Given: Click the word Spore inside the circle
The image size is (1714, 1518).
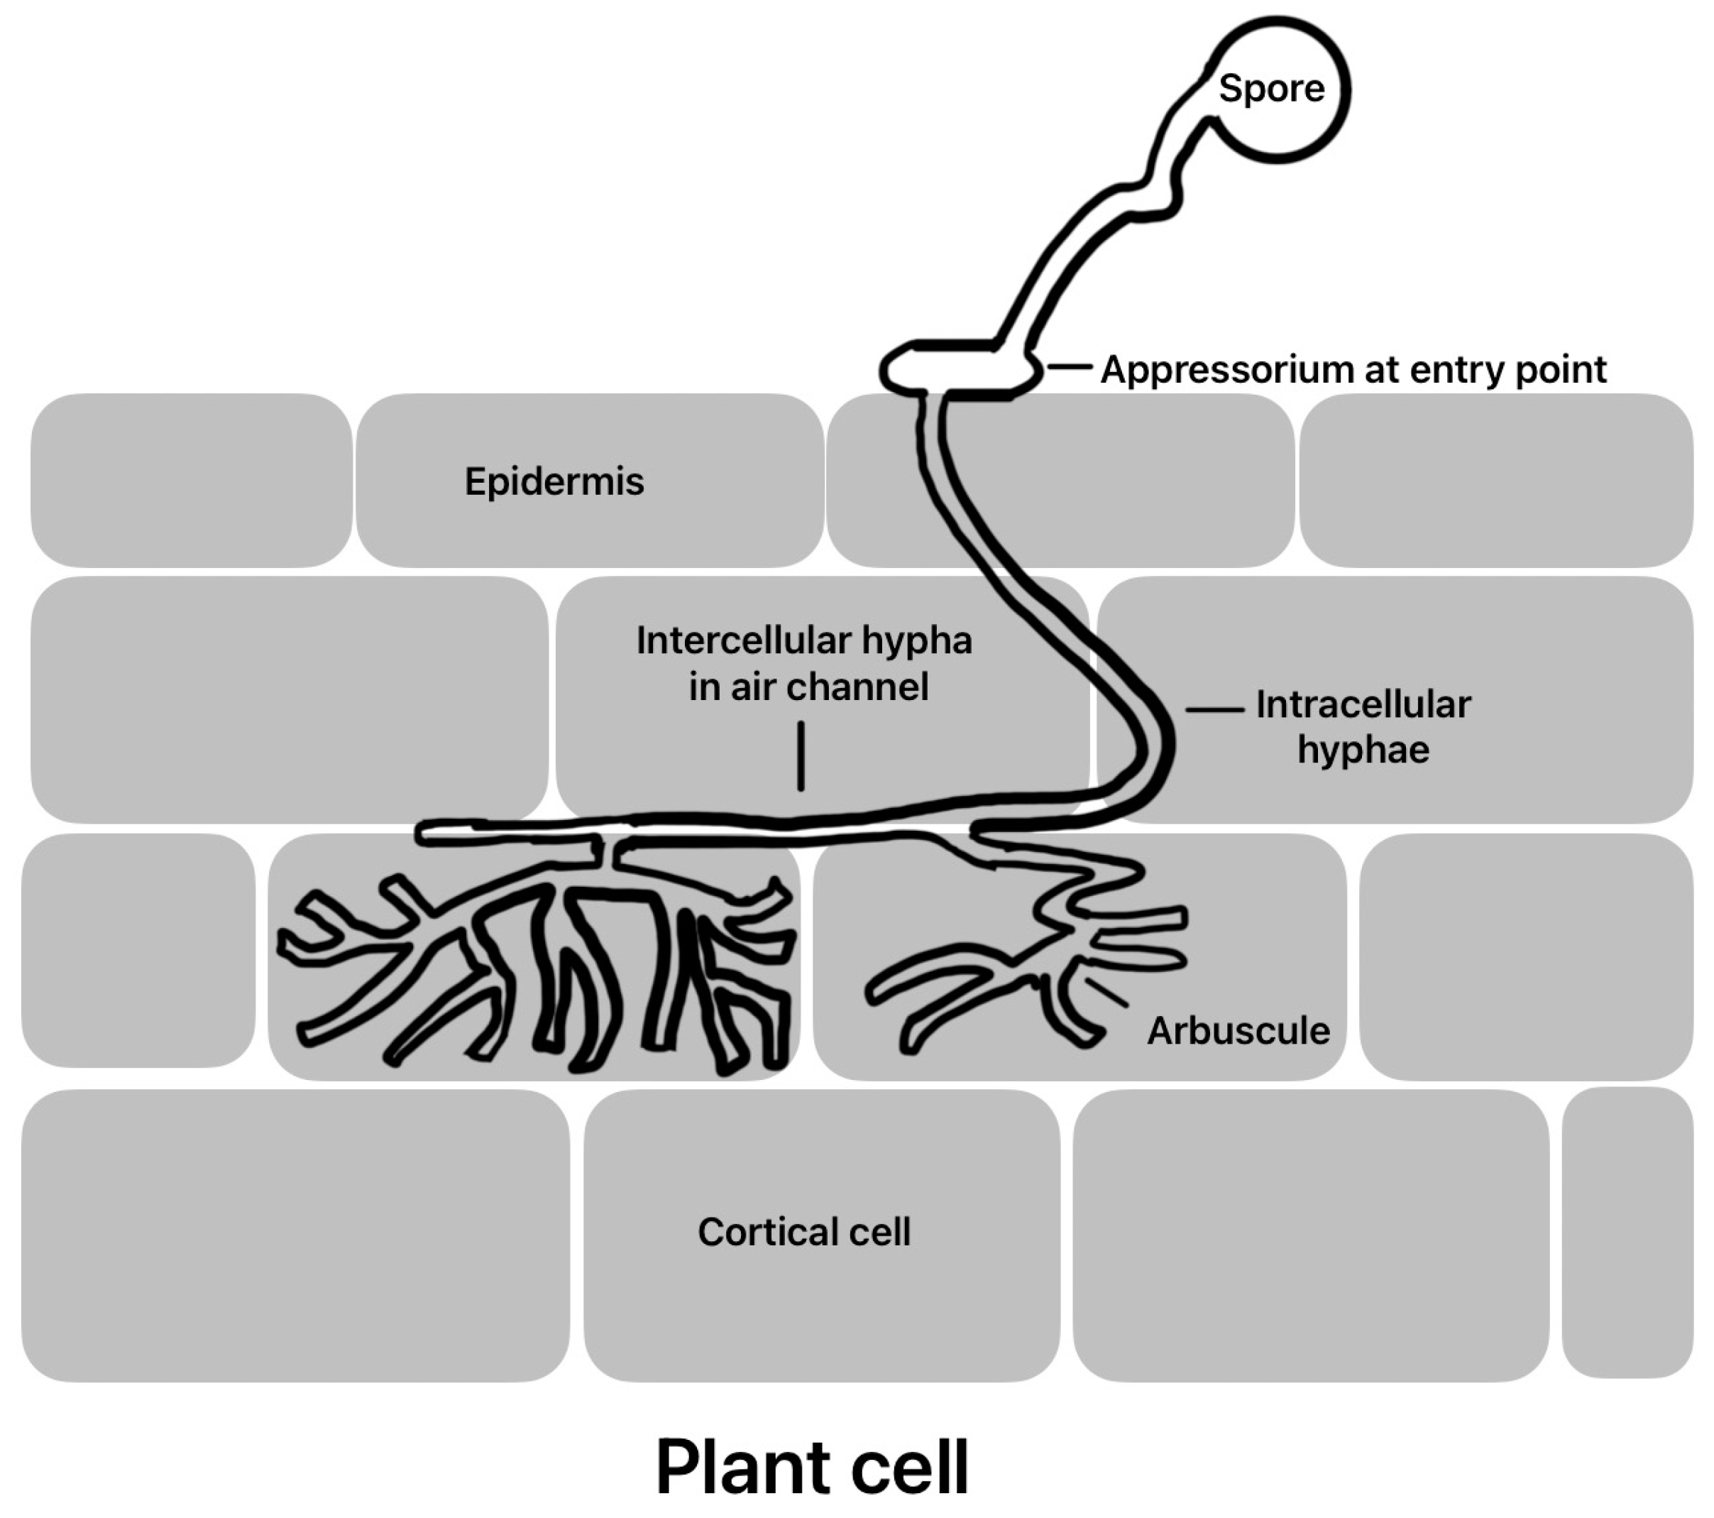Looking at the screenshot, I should [1271, 89].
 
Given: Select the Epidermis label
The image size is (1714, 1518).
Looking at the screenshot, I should [554, 481].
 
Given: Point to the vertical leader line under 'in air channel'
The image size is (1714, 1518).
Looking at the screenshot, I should [801, 755].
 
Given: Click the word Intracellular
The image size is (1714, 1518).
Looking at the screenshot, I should [1363, 704].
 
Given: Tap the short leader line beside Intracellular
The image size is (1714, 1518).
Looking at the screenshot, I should [1214, 709].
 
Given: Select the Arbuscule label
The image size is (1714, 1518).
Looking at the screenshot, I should [1238, 1031].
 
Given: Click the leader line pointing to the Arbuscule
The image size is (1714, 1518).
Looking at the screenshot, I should [1107, 993].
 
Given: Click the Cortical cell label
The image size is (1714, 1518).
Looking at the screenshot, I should [803, 1232].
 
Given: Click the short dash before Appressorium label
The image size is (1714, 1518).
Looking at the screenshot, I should [1069, 366].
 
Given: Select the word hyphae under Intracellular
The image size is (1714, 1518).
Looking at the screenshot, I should [1363, 750].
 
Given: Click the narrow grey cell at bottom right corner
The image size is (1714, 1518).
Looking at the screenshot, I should [1627, 1233].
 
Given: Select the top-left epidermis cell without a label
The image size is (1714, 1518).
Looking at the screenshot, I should [191, 481].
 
